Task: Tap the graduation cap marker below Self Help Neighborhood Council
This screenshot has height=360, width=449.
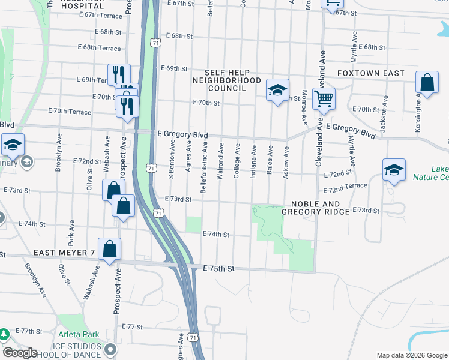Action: [x=277, y=91]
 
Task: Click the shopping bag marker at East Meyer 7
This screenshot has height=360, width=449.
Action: [x=110, y=249]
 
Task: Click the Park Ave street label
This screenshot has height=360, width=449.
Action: [x=71, y=230]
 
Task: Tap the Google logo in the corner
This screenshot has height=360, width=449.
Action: [x=20, y=353]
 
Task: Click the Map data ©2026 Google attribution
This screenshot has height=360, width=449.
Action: [x=411, y=355]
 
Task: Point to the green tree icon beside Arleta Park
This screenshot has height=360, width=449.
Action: [x=4, y=334]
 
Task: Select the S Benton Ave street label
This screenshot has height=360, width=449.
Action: [x=172, y=154]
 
